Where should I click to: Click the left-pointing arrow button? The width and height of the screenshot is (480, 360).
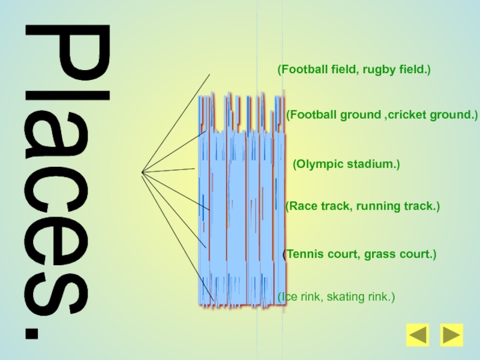pos(418,335)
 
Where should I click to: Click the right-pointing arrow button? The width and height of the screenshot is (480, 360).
pos(451,335)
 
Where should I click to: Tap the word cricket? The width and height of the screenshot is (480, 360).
pos(406,114)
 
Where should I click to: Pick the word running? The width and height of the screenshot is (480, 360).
pos(376,206)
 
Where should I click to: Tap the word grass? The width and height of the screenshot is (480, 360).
pos(378,254)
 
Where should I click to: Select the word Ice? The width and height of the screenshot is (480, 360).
pos(287,296)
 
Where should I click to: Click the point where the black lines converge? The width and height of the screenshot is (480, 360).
pos(142,173)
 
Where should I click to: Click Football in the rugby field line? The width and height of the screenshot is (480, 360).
pos(302,70)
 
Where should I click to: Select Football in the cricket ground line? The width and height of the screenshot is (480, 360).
pos(311,114)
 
